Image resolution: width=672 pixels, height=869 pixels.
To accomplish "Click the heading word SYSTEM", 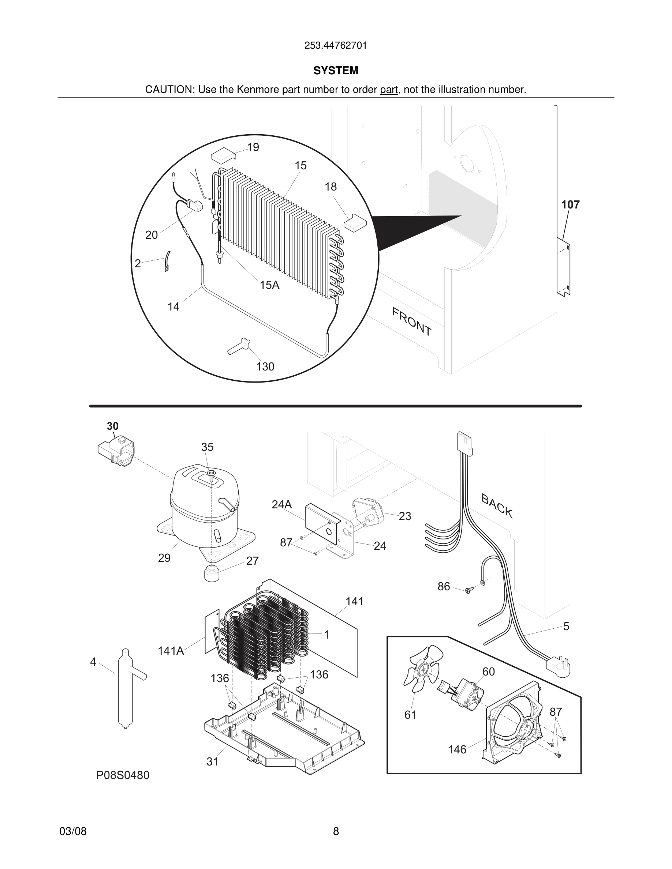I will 336,71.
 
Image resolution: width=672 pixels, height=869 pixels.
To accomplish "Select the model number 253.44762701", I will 336,46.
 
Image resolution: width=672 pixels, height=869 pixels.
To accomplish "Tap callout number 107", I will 570,205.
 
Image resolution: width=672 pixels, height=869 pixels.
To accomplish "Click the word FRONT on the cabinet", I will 412,321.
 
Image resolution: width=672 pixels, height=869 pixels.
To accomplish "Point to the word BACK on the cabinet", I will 496,506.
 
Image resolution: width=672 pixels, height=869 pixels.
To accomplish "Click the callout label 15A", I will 269,285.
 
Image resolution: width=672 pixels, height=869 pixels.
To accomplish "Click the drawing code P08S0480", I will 123,775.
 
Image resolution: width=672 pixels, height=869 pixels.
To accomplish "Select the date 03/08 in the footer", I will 73,831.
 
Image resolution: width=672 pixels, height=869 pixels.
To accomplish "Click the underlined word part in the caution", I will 389,90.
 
